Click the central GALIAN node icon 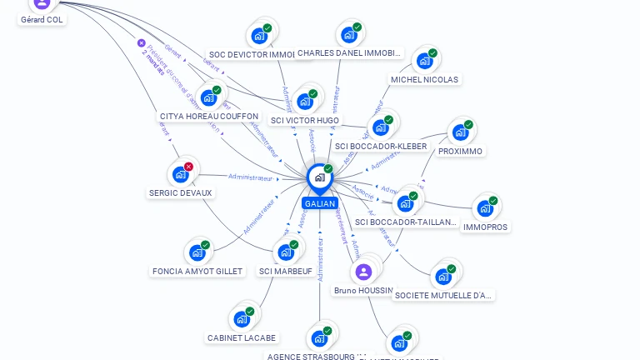(x=319, y=177)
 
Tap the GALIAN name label (x=320, y=203)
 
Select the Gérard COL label (x=42, y=19)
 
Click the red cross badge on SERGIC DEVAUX (x=188, y=167)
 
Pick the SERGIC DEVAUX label (x=181, y=192)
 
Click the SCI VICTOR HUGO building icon (x=305, y=101)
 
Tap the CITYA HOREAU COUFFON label (x=209, y=117)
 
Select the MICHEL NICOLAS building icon (x=425, y=60)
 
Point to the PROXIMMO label (x=460, y=151)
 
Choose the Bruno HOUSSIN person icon (x=363, y=272)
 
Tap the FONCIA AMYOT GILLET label (x=197, y=271)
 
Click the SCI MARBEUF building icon (x=286, y=252)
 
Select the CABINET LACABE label (x=242, y=337)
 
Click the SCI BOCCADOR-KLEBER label (x=381, y=147)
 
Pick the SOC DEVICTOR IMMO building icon (x=259, y=36)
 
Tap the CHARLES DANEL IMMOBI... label (x=349, y=52)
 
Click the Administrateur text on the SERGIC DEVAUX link (x=251, y=177)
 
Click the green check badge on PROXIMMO (x=468, y=125)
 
